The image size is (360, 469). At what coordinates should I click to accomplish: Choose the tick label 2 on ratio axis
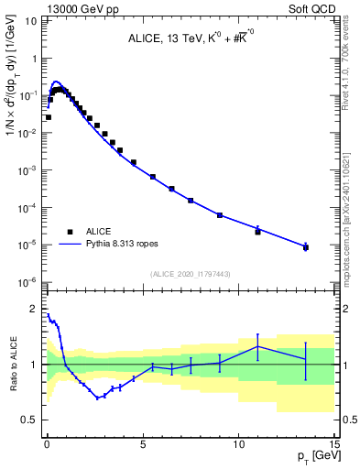35,308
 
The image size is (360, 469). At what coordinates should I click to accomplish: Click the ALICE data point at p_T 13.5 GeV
305,247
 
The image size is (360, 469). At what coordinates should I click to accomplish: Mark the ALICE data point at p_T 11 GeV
257,232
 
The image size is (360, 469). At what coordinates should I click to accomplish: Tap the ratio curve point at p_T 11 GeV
257,345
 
